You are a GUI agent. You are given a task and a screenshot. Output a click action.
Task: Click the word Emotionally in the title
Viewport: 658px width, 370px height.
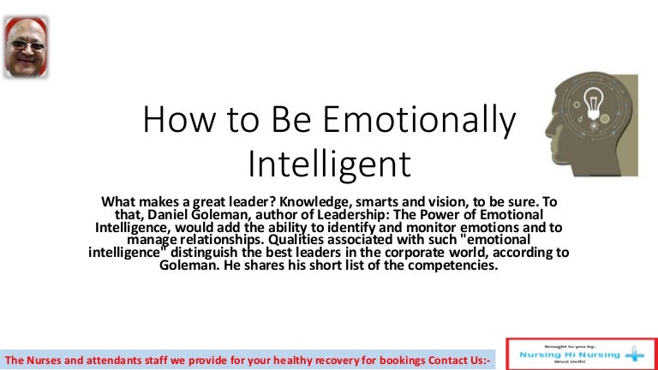[419, 121]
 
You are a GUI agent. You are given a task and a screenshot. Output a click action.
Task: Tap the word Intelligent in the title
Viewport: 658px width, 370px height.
[329, 164]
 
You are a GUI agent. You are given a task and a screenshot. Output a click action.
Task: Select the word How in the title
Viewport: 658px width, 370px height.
[180, 120]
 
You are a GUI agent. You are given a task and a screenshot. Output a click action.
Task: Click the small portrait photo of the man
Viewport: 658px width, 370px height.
[26, 47]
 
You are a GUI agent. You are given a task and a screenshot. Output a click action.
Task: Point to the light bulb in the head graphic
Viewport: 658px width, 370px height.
[594, 103]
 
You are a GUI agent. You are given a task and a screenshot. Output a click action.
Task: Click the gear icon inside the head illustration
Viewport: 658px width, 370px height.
[605, 119]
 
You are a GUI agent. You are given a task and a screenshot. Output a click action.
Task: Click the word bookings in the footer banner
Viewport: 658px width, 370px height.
[402, 361]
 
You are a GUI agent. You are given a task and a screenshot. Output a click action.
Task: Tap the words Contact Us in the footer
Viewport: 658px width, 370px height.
[456, 361]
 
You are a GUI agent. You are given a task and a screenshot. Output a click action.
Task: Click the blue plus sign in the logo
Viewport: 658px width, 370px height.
[635, 354]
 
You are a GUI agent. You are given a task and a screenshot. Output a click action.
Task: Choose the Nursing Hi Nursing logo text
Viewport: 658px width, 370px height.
[570, 355]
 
